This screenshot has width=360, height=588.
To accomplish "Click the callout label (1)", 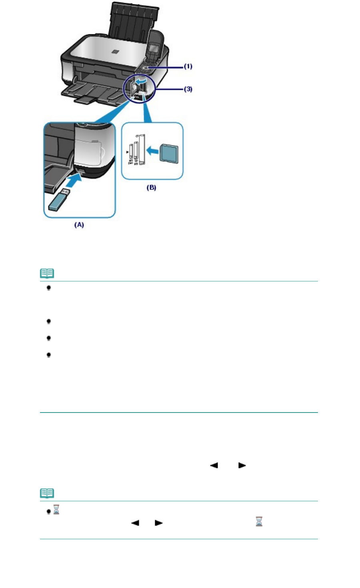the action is coord(188,66).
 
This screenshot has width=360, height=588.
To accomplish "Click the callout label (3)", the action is coord(188,89).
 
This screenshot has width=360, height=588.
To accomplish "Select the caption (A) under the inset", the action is coord(79,225).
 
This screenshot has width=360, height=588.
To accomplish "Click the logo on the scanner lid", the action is coord(116,51).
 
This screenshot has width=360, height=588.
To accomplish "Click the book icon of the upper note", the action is coord(47,273).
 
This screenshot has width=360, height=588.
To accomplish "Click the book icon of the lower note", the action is coord(47,493).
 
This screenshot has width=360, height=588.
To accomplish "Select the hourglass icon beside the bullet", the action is coord(56,509).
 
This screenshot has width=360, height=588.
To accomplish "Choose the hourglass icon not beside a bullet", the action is coord(259,521).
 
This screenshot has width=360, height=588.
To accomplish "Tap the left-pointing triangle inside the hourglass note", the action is coord(135,522).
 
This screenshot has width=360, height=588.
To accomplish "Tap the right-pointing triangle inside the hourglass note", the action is coord(159,522).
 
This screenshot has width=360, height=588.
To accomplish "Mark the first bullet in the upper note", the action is coord(49,288).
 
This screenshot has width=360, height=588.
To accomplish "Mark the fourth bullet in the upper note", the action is coord(49,355).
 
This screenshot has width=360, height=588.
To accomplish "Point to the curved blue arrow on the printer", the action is coord(139,82).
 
